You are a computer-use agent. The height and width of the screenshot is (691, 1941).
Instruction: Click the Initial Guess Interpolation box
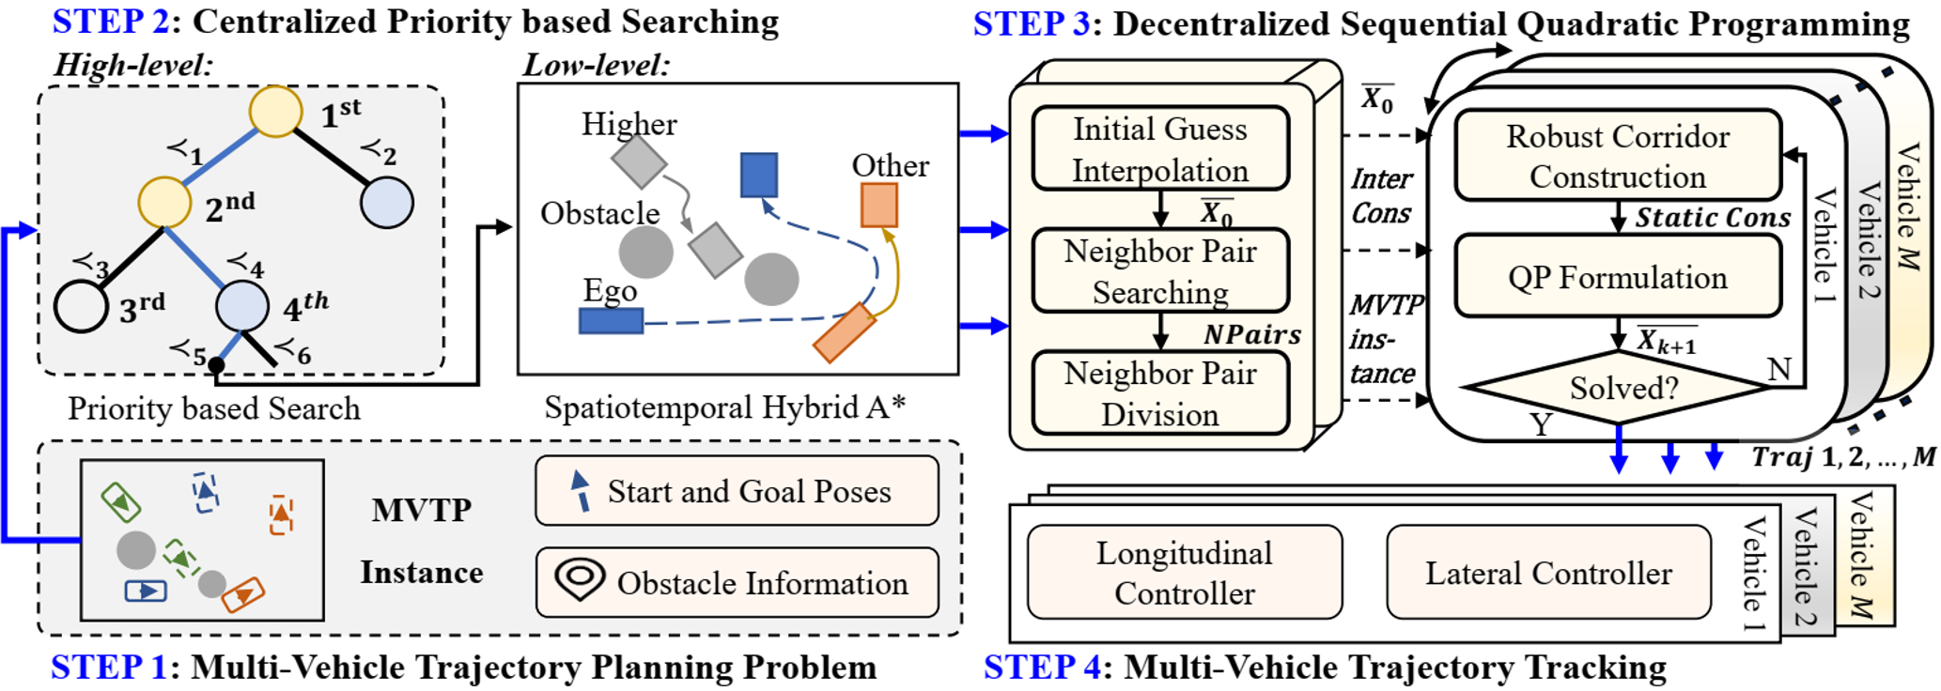click(x=1159, y=149)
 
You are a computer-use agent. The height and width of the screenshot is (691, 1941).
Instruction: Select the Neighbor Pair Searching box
click(x=1159, y=271)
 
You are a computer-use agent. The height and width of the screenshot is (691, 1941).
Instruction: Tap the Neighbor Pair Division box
click(x=1159, y=393)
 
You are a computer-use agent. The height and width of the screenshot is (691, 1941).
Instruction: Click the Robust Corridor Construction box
click(x=1617, y=156)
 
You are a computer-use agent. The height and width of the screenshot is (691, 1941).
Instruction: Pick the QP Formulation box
click(x=1617, y=277)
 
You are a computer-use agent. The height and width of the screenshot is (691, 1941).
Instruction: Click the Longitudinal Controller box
click(x=1184, y=573)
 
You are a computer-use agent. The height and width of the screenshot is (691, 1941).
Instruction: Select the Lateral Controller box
click(x=1547, y=573)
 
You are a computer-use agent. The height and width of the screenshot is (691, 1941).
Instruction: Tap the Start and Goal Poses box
click(x=737, y=491)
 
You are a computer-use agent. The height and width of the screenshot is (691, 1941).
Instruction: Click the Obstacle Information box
click(x=737, y=583)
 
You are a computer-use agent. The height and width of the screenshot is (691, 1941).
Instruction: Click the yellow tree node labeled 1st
click(x=275, y=111)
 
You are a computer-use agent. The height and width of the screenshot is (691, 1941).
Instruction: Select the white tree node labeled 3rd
click(x=81, y=306)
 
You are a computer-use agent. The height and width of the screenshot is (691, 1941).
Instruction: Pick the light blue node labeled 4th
click(x=242, y=305)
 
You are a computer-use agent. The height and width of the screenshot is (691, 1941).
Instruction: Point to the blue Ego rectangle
click(x=611, y=321)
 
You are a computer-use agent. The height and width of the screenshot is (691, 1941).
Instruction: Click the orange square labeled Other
click(x=878, y=205)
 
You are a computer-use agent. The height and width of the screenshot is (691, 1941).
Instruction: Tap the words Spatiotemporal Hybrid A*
click(x=724, y=407)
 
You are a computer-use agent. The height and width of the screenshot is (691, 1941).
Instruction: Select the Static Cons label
click(x=1712, y=218)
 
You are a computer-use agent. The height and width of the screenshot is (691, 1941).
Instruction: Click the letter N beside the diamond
click(x=1778, y=370)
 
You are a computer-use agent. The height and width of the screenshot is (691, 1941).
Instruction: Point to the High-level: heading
click(x=133, y=65)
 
